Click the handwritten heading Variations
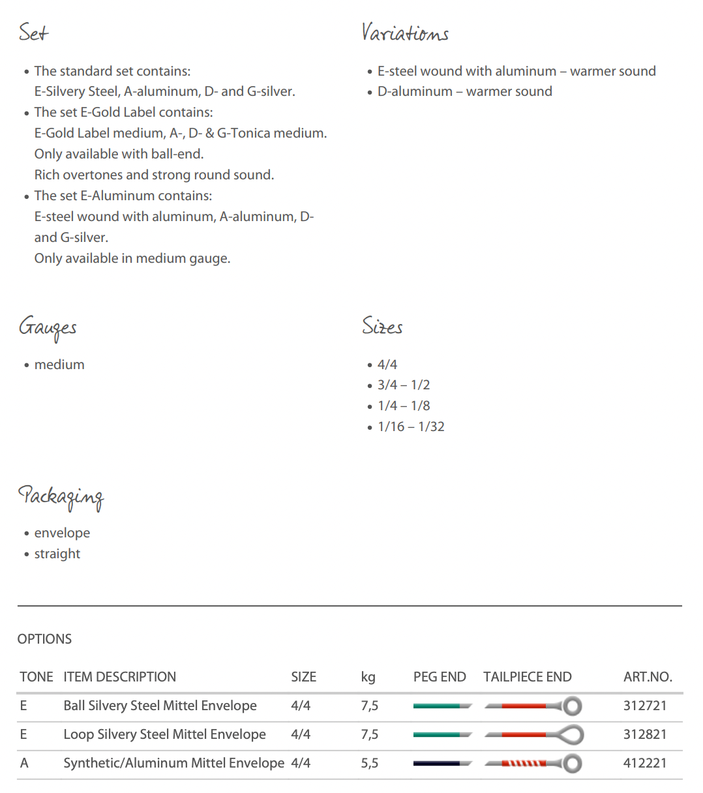(x=405, y=33)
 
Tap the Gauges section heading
(x=48, y=327)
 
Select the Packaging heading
(x=61, y=497)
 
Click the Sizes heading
(x=382, y=326)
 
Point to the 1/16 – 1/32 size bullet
(x=411, y=426)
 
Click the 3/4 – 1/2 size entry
(x=404, y=385)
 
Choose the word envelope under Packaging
(x=62, y=533)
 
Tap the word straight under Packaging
(x=57, y=554)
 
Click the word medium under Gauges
(x=59, y=365)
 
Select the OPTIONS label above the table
(x=44, y=639)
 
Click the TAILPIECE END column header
(x=527, y=677)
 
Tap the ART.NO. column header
(x=648, y=677)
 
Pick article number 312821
(x=645, y=734)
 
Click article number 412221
(x=645, y=763)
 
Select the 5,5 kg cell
(x=369, y=763)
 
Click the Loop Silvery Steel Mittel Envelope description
(x=164, y=734)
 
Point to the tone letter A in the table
(x=24, y=763)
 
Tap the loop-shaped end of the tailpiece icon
(x=572, y=735)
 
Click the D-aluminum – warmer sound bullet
(x=464, y=91)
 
